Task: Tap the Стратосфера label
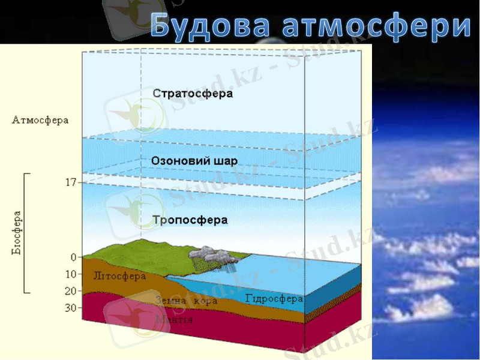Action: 193,94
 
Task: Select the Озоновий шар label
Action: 194,161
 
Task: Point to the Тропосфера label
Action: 190,220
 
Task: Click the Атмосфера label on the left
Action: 40,120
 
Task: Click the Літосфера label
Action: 120,277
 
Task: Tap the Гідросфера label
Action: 274,298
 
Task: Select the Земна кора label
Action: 186,301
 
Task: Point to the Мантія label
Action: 173,319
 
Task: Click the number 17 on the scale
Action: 70,182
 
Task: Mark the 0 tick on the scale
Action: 73,257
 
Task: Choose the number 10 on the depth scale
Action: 70,274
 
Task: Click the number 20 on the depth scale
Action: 70,291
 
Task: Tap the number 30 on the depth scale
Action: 70,308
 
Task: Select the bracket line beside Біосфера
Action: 25,233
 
